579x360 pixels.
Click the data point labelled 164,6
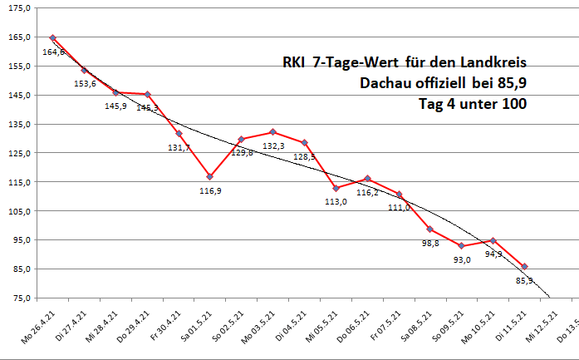point(53,37)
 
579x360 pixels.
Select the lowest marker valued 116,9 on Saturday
point(210,176)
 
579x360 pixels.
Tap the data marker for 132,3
point(272,132)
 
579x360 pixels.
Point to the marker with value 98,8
point(430,229)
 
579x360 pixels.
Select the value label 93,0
point(461,259)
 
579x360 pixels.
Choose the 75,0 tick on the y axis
point(20,298)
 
